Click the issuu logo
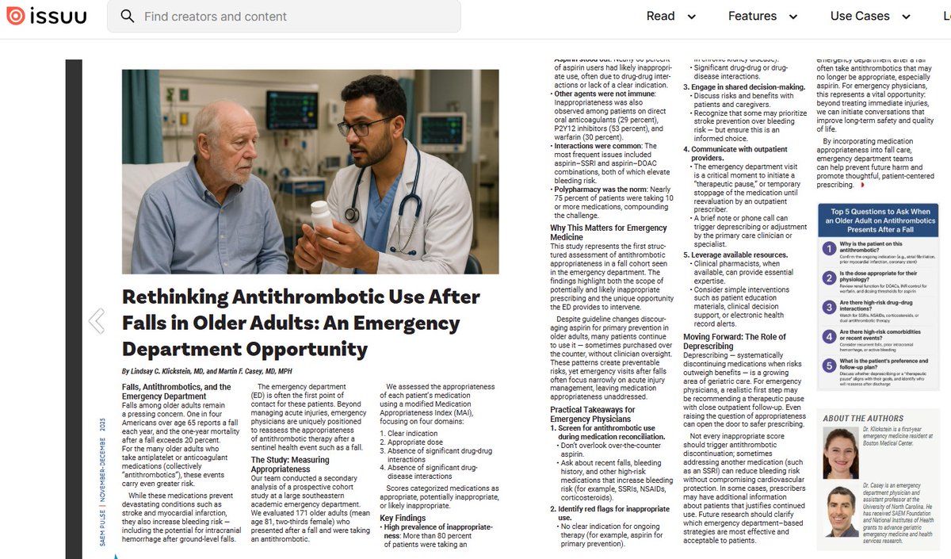[47, 16]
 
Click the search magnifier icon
[127, 16]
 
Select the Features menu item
[752, 16]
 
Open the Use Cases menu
[860, 16]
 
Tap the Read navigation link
[660, 16]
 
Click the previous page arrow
[97, 320]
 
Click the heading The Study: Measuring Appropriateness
[291, 465]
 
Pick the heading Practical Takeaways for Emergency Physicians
[593, 415]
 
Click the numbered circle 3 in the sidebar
[829, 307]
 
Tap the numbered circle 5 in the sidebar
[829, 366]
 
